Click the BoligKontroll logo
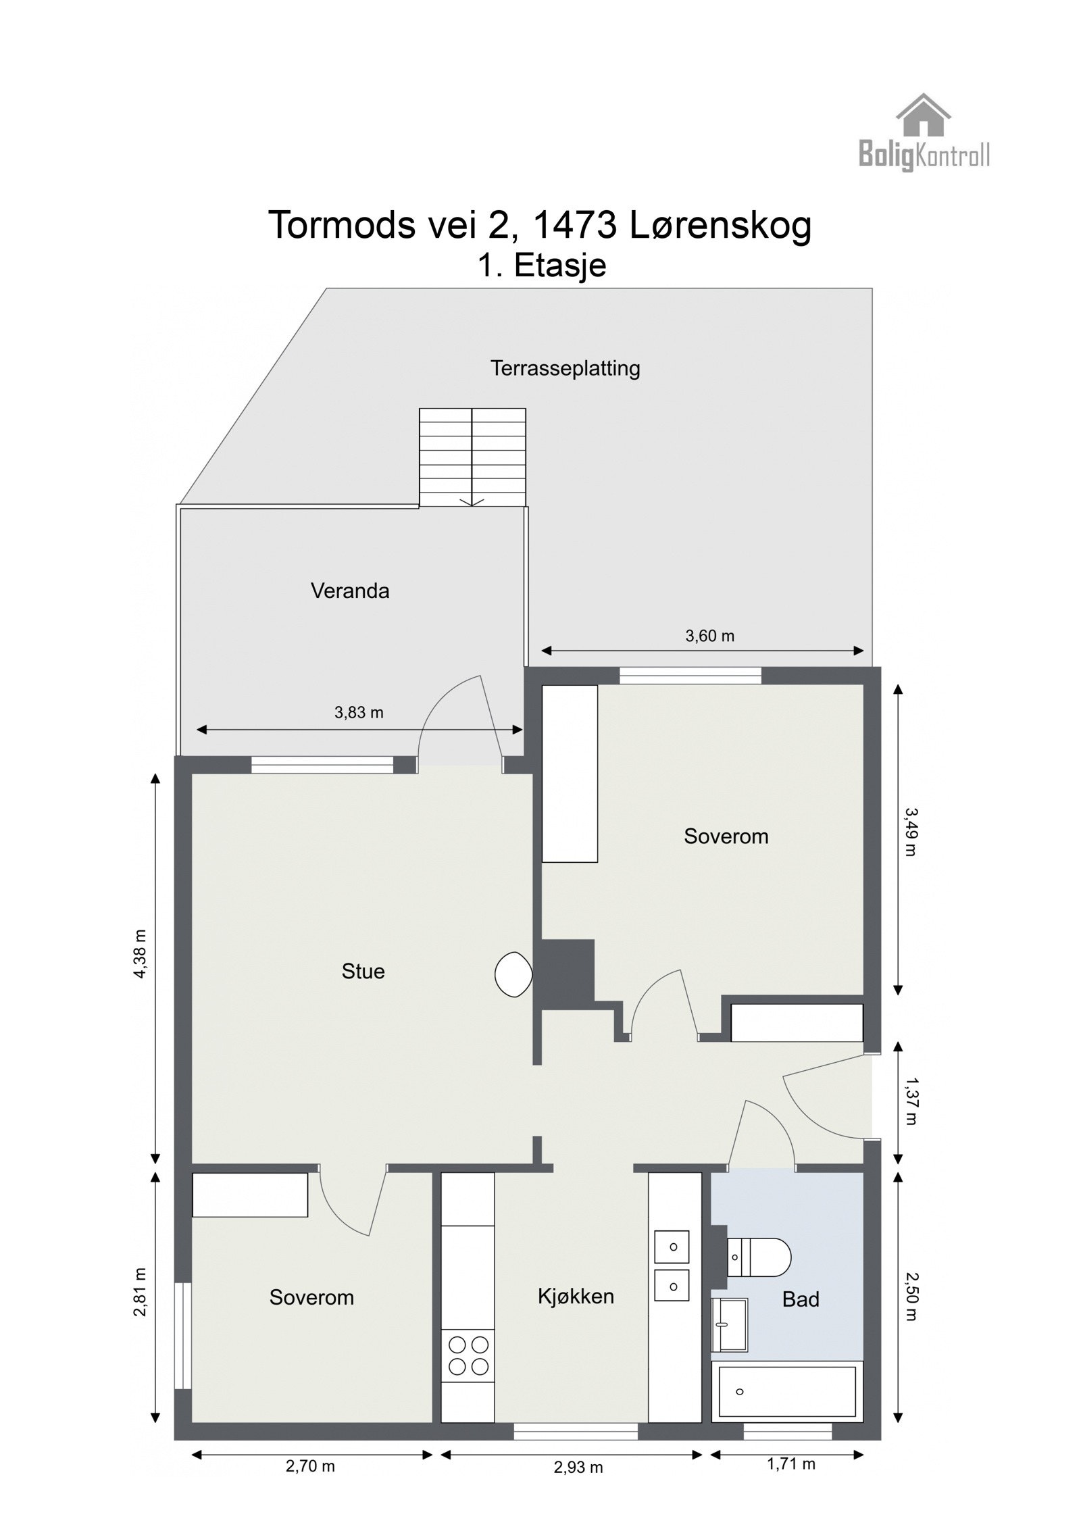[923, 133]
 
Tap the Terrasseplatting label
[565, 368]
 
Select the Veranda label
[350, 591]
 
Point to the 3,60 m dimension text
[709, 635]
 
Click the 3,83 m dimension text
[359, 712]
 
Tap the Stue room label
[363, 971]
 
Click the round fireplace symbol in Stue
[513, 974]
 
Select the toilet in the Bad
[760, 1257]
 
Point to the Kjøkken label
[576, 1296]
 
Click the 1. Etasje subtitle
[542, 265]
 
